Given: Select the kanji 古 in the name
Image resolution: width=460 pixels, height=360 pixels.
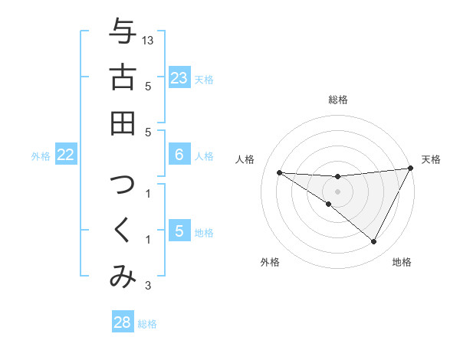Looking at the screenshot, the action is (x=122, y=77).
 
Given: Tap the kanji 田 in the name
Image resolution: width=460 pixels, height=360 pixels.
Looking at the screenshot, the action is (x=122, y=123).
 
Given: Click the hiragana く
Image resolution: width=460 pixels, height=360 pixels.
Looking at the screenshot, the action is (x=122, y=231).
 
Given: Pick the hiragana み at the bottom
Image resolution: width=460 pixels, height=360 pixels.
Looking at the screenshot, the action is (x=122, y=277).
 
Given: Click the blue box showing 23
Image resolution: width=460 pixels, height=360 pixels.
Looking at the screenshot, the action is (x=179, y=78).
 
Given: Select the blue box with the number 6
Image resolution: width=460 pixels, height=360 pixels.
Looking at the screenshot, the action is (x=179, y=155).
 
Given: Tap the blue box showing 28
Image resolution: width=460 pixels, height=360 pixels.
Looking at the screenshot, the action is (x=123, y=322).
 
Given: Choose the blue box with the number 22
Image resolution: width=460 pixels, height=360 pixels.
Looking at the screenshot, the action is (x=66, y=155).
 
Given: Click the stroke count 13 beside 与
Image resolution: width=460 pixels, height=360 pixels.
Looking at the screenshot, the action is (x=148, y=40).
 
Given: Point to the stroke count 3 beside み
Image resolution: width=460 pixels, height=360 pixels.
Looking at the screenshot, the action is (x=147, y=286).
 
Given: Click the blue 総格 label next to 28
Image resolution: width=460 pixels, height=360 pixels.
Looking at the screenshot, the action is (x=147, y=324).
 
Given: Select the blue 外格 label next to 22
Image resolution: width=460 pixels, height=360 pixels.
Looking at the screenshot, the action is (x=41, y=156).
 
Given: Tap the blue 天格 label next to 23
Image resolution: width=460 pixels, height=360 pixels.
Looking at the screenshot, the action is (x=204, y=80).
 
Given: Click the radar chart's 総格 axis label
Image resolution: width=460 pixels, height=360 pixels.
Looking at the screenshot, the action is (x=338, y=100).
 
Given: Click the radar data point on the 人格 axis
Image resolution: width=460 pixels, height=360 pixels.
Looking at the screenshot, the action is (x=279, y=172).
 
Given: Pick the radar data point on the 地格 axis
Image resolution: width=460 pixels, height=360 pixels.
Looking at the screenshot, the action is (x=374, y=242).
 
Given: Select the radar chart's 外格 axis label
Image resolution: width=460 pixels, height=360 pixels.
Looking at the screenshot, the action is (x=270, y=262).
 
